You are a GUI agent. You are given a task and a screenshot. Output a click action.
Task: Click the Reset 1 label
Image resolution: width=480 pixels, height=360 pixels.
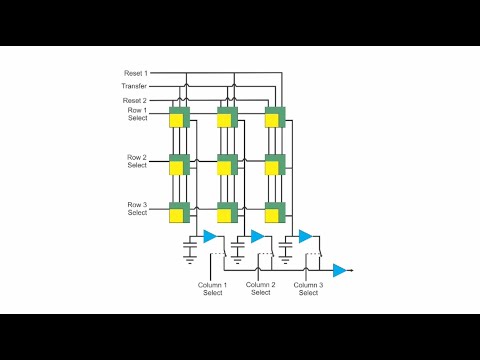[136, 73]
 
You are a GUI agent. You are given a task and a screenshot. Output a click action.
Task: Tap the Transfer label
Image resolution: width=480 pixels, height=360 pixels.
[135, 86]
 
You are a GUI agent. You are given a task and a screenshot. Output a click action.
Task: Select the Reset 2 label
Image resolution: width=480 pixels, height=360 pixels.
[136, 100]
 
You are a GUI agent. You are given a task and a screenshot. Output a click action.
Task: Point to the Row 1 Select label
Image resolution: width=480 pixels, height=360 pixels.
[137, 113]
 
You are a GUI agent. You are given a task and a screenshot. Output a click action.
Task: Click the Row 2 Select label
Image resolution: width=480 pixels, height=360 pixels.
[137, 161]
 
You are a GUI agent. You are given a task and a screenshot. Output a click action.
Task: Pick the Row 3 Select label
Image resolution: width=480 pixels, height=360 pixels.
[137, 208]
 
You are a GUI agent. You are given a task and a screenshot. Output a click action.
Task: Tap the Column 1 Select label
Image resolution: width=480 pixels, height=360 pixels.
[212, 288]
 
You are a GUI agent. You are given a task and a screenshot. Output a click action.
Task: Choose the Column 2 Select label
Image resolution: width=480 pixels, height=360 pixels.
[260, 288]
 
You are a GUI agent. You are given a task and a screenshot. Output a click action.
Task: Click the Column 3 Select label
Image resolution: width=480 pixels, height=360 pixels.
[308, 288]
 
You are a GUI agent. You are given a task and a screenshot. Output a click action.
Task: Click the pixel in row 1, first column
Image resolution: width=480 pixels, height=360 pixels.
[179, 118]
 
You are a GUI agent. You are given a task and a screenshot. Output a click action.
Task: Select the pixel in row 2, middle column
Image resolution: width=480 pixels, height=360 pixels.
[227, 165]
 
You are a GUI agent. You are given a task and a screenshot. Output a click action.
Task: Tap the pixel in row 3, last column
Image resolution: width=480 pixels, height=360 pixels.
[275, 212]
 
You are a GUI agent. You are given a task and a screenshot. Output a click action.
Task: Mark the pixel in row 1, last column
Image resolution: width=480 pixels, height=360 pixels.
[275, 118]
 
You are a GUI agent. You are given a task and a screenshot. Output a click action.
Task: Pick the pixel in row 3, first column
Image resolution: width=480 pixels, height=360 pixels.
[179, 212]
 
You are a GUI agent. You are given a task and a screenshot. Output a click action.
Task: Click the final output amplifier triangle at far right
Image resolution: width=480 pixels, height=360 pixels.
[340, 270]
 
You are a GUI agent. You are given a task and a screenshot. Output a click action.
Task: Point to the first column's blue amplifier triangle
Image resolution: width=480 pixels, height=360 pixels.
[210, 236]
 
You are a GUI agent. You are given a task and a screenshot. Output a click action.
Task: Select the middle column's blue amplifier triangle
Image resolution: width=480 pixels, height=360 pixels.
[257, 236]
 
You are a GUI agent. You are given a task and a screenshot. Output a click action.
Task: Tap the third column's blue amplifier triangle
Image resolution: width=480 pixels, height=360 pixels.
[305, 236]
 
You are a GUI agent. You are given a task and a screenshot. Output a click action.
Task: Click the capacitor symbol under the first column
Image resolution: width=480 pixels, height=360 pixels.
[190, 242]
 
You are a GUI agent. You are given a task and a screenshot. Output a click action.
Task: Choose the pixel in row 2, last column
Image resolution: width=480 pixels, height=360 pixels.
[275, 165]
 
